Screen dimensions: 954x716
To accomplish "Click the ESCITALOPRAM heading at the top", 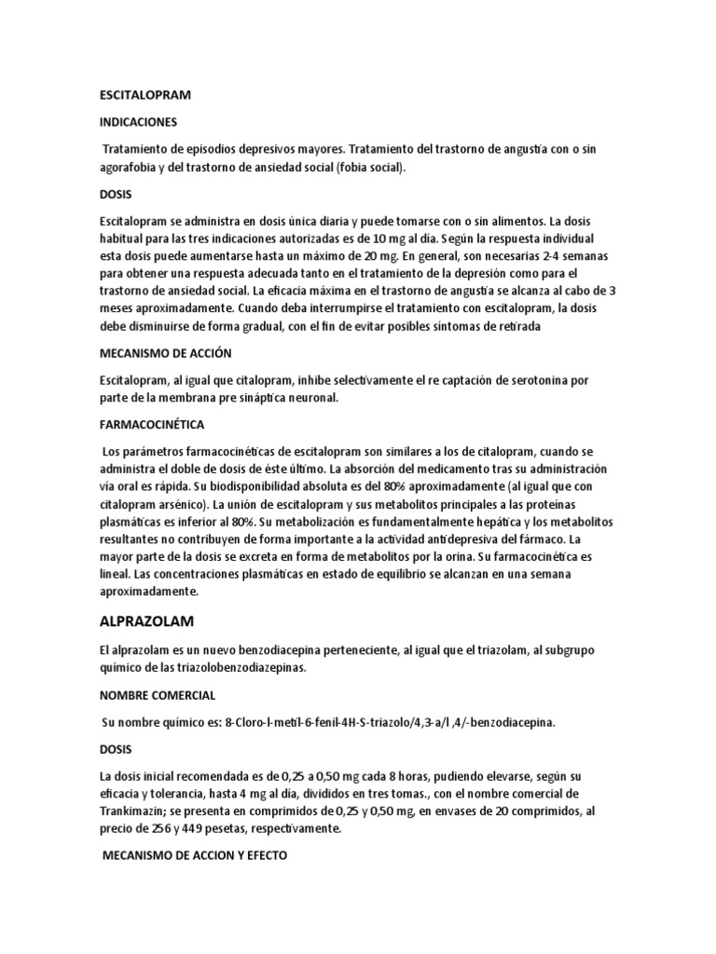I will [144, 94].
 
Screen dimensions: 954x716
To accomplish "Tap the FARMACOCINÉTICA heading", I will [151, 424].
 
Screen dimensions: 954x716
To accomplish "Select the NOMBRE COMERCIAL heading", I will [157, 695].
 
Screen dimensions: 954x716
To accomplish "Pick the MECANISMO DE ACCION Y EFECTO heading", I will [194, 854].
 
